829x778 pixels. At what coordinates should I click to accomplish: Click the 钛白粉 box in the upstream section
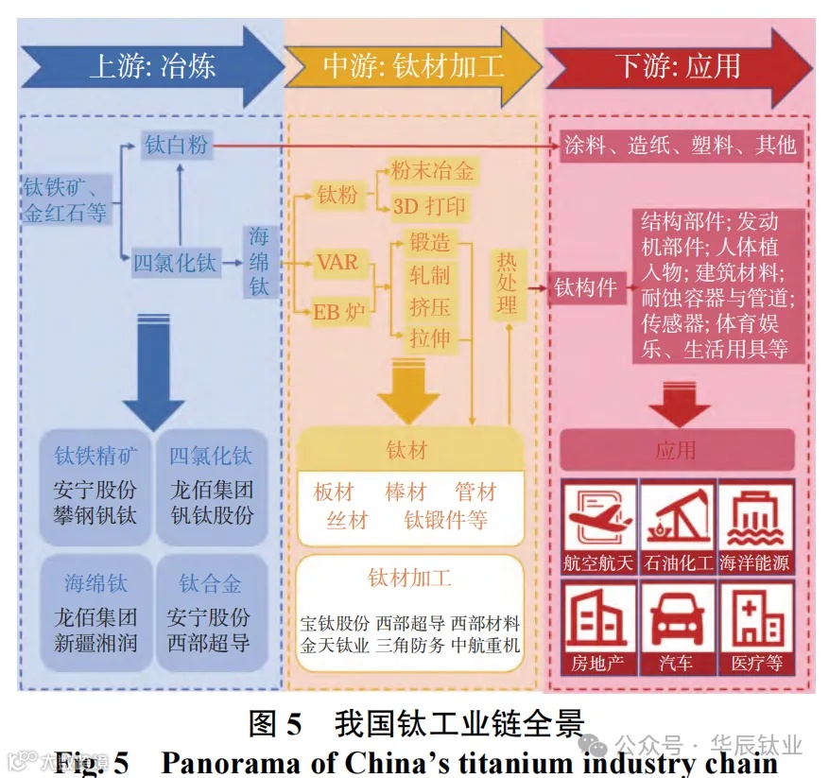[176, 146]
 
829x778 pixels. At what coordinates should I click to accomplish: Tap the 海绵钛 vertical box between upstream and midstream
[259, 261]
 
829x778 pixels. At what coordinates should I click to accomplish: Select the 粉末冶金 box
[431, 171]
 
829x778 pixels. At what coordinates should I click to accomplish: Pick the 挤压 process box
[429, 307]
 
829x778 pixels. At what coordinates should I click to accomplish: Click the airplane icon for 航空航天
[597, 515]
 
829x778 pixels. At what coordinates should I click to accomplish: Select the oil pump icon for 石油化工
[677, 515]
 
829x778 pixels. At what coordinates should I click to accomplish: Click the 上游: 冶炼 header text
[153, 66]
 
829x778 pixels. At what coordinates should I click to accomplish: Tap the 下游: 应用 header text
[678, 66]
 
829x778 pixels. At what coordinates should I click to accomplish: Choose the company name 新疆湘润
[95, 644]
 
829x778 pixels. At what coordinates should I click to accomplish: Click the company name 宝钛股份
[335, 625]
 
